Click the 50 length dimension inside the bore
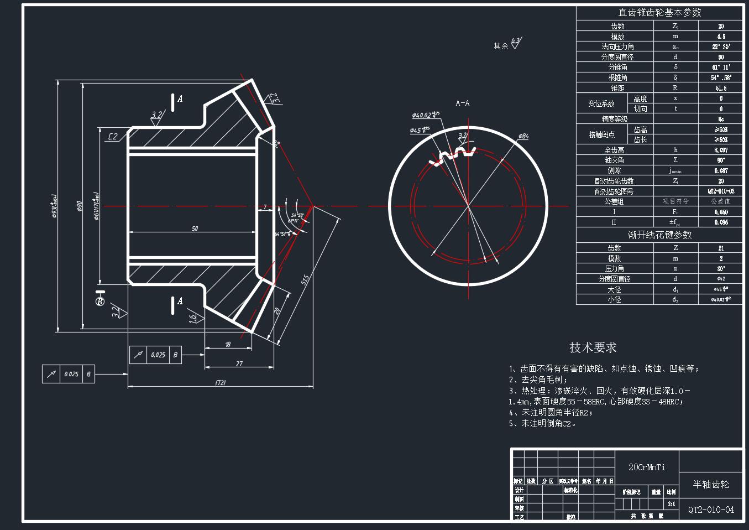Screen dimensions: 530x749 click(x=195, y=228)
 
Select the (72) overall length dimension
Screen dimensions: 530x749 click(x=220, y=382)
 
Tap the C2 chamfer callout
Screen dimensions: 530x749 click(x=113, y=137)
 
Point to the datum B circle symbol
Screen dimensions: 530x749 click(x=100, y=302)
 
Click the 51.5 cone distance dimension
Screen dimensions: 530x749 click(x=305, y=280)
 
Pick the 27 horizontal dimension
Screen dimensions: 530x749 click(x=239, y=363)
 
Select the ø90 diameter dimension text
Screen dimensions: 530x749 click(x=78, y=206)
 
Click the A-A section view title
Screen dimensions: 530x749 click(x=463, y=103)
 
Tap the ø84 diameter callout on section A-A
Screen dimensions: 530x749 click(x=523, y=136)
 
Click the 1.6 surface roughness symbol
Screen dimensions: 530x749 click(x=192, y=318)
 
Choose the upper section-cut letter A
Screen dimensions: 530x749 click(x=180, y=99)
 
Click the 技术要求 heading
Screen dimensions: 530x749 click(x=593, y=347)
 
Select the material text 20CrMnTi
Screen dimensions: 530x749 click(x=647, y=467)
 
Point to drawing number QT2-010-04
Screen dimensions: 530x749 click(x=711, y=510)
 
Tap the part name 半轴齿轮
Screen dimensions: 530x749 click(x=711, y=485)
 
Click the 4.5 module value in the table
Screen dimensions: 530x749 click(x=721, y=37)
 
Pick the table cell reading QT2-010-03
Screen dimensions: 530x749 click(x=721, y=191)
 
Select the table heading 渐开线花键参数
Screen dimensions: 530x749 click(x=659, y=235)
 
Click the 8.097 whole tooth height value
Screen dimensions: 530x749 click(x=721, y=150)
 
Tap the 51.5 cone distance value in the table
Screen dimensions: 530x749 click(x=721, y=88)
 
